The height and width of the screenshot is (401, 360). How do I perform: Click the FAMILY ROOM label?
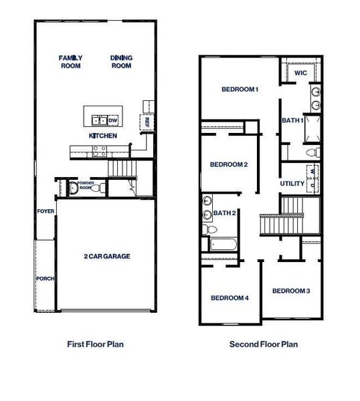point(70,61)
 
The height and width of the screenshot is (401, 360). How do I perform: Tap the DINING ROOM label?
point(121,61)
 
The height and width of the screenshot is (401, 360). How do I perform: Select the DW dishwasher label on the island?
point(112,120)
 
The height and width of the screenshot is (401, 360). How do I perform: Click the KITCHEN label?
point(103,136)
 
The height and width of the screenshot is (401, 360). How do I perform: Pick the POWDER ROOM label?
point(86,185)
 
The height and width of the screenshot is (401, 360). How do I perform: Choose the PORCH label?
point(45,279)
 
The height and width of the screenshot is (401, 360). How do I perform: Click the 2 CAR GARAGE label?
point(106,257)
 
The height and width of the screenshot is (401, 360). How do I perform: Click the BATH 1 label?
point(292,120)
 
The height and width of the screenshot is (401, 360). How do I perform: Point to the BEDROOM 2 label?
point(229,164)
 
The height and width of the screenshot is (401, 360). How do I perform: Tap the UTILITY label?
point(292,183)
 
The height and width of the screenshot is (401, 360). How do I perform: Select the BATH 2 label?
point(225,213)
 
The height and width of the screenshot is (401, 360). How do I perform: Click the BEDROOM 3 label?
point(291,291)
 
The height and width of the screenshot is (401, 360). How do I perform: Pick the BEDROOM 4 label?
point(230,298)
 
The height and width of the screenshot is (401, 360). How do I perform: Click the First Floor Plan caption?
point(96,345)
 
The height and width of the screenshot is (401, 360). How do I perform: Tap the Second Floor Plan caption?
point(264,345)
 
